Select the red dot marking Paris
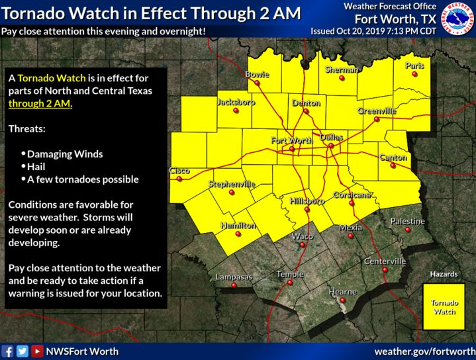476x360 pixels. coord(415,74)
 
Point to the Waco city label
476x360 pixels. coord(303,236)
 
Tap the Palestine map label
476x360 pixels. coord(407,220)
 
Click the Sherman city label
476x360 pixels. coord(342,69)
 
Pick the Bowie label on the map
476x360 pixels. coord(257,75)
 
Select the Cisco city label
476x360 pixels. coord(179,170)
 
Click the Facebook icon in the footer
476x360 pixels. coord(8,351)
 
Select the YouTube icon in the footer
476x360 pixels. coord(37,351)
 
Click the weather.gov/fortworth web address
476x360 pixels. coord(424,351)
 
